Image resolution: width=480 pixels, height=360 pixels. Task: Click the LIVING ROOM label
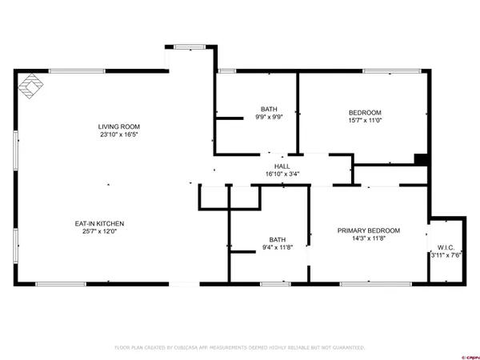click(119, 126)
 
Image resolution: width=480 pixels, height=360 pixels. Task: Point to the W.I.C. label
click(446, 247)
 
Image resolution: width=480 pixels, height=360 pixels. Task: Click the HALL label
click(282, 166)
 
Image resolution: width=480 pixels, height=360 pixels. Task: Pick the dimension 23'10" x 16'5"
click(119, 134)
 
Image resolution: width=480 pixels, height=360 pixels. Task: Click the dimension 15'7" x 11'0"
click(365, 120)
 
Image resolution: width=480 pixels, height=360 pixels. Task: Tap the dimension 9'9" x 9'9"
click(270, 117)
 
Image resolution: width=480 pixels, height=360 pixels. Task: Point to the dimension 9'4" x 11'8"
click(278, 247)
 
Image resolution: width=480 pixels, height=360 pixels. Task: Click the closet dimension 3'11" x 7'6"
click(446, 255)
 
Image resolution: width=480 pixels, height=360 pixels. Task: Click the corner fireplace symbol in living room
click(31, 86)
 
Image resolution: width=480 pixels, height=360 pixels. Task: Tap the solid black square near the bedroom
click(421, 158)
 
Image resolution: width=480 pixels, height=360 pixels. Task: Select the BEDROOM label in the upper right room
click(365, 112)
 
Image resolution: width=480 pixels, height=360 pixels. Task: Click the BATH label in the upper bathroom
click(270, 109)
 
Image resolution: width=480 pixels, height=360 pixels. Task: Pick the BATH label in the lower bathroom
click(278, 239)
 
